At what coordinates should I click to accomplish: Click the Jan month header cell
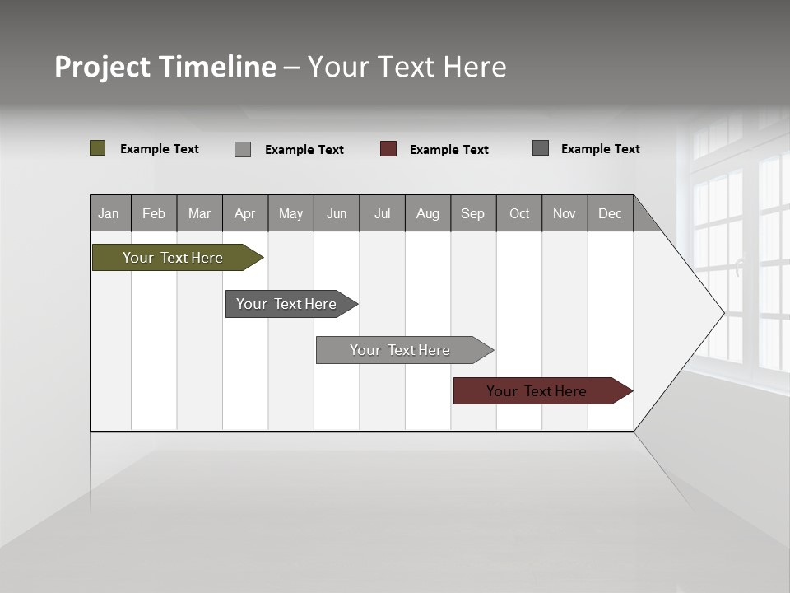coord(109,213)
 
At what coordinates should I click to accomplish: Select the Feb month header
coord(154,213)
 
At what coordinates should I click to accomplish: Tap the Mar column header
coord(199,213)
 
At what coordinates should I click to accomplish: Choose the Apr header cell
coord(245,213)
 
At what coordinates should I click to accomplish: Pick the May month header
coord(290,213)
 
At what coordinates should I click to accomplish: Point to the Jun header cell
coord(337,213)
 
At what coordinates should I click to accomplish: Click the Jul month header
coord(382,213)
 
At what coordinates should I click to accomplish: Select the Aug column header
coord(428,213)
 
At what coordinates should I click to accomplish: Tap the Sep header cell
coord(473,213)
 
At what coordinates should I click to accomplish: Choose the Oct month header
coord(519,213)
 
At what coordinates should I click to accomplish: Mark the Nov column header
coord(565,213)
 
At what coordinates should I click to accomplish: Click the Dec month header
coord(611,213)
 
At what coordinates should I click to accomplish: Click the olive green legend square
coord(98,148)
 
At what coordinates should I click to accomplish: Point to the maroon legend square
coord(388,149)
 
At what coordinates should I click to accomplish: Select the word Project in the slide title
coord(103,67)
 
